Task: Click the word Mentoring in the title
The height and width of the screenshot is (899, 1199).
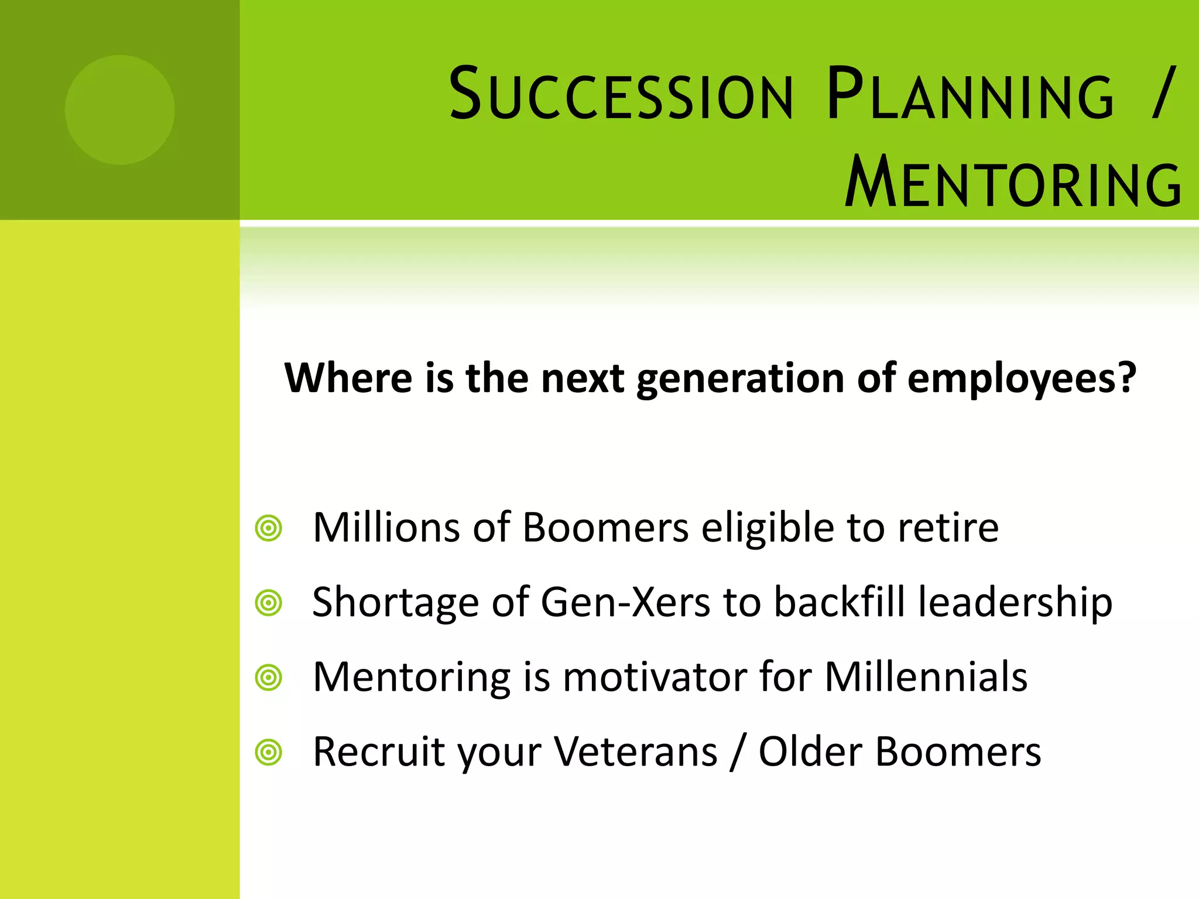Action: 1013,183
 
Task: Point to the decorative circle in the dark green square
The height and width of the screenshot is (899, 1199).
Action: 120,110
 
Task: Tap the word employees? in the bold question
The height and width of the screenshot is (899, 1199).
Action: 1022,379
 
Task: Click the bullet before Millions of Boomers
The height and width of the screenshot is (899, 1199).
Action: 269,529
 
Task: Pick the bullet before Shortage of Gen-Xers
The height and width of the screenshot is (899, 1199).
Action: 269,603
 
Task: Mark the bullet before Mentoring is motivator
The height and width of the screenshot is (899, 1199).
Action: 269,678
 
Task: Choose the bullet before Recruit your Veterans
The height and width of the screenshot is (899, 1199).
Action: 269,752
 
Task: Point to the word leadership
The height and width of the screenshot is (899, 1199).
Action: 1015,603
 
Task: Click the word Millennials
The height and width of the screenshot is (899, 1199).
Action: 926,677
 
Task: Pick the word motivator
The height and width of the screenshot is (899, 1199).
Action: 655,678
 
